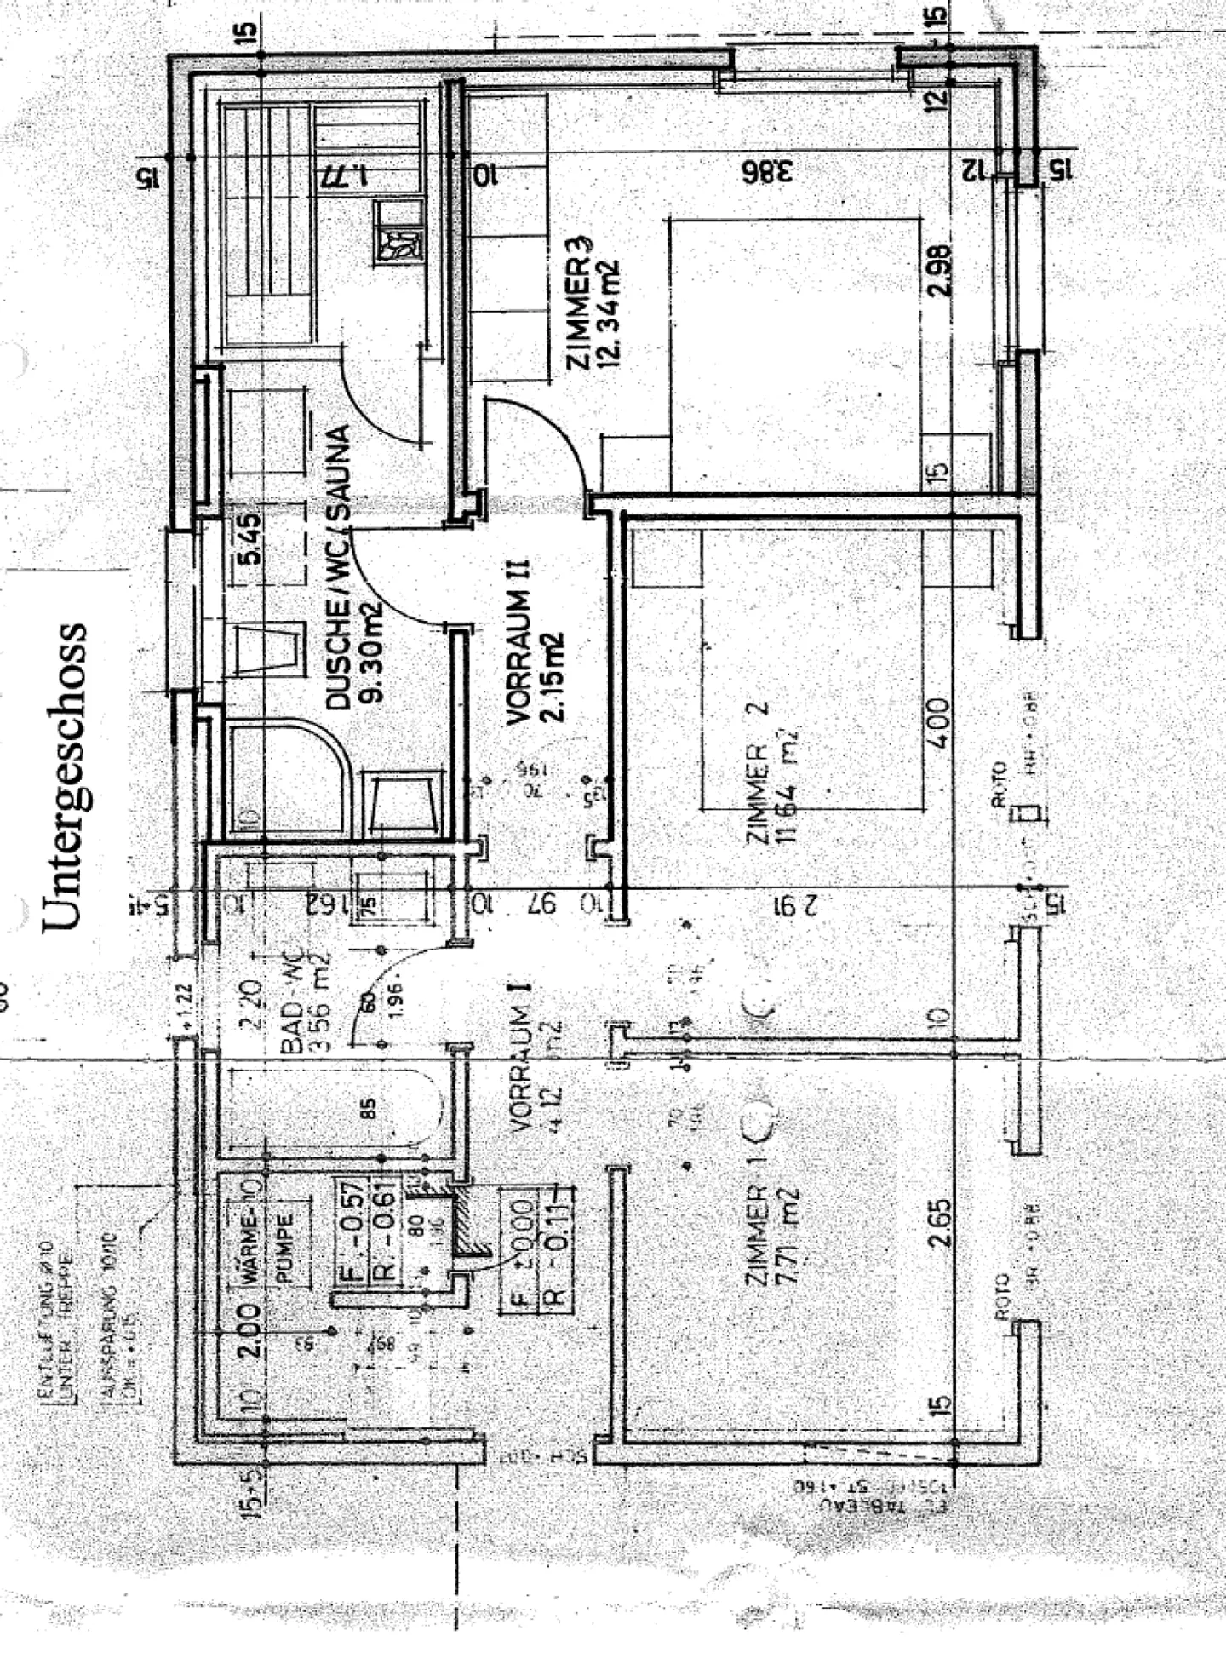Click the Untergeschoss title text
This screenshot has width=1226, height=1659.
pyautogui.click(x=65, y=775)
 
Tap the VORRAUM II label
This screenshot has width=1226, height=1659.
pyautogui.click(x=518, y=643)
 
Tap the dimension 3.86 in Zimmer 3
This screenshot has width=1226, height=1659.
pyautogui.click(x=765, y=171)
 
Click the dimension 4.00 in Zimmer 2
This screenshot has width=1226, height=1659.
pyautogui.click(x=939, y=723)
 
